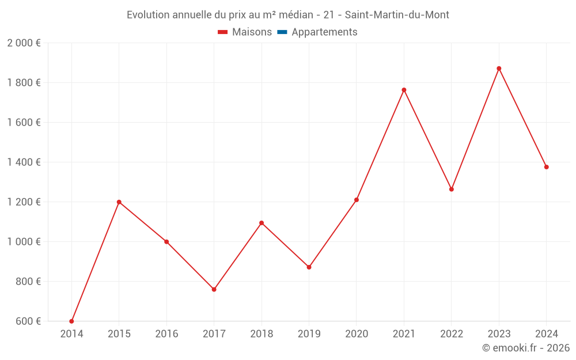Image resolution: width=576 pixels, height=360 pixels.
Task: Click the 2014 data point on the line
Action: click(71, 321)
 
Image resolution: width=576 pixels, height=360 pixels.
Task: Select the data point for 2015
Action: click(119, 202)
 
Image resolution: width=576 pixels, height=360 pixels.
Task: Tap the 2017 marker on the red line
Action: click(214, 289)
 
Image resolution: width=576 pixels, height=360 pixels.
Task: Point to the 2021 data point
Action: click(404, 90)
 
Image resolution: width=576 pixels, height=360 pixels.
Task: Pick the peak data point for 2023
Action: click(499, 69)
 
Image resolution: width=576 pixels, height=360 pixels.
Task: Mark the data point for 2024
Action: click(546, 167)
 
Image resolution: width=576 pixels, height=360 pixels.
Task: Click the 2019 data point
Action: click(309, 267)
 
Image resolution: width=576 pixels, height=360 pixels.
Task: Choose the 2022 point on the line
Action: click(452, 189)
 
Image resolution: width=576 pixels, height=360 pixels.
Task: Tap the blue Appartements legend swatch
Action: click(282, 32)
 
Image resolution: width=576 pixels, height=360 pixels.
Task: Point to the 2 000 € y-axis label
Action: click(24, 43)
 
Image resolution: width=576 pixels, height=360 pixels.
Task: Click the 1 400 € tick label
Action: click(24, 162)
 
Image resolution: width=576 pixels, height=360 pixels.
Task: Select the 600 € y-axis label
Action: click(29, 321)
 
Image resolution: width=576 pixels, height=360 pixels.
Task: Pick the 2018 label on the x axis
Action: click(262, 334)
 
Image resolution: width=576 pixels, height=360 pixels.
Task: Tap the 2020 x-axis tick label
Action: click(357, 334)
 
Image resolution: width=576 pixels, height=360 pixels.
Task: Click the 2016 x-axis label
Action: click(166, 334)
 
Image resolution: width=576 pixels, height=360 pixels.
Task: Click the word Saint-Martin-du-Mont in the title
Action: click(397, 15)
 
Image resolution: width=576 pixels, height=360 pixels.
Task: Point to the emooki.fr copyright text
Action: click(526, 348)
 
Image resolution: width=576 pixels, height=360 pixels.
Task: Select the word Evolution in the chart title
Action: click(147, 15)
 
